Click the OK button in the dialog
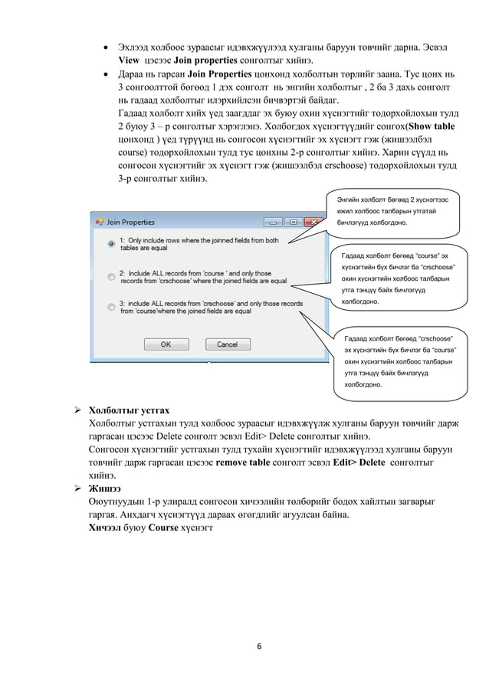coord(165,344)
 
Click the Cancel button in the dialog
coord(227,344)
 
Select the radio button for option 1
coord(111,244)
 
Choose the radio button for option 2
coord(111,276)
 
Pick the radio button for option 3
coord(111,308)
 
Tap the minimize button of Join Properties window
coord(273,222)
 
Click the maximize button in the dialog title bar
coord(292,222)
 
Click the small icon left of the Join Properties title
coord(99,222)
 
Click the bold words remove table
coord(247,463)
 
